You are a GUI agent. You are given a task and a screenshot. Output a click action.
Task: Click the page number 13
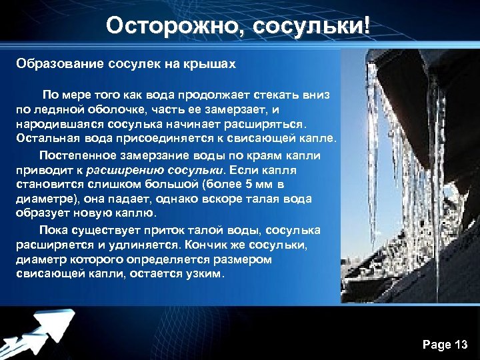[460, 345]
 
